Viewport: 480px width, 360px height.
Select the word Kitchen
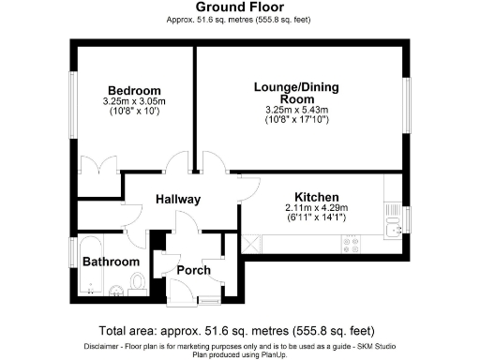(315, 198)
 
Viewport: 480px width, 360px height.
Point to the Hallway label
(178, 200)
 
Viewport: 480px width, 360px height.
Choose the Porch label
(193, 270)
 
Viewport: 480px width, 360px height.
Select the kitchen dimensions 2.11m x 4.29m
(316, 208)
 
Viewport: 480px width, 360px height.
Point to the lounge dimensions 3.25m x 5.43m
(297, 110)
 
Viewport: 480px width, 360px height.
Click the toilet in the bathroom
(138, 281)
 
